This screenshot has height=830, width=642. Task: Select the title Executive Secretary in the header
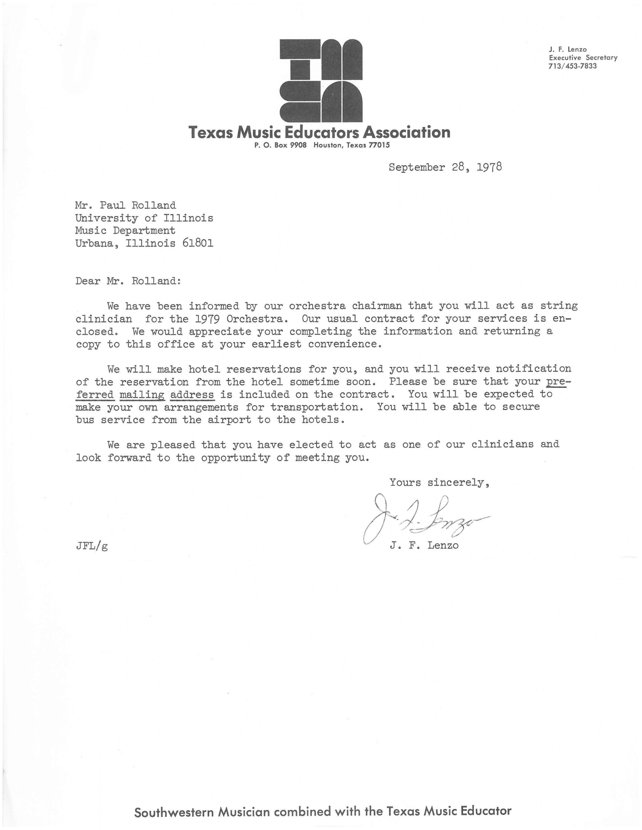click(583, 58)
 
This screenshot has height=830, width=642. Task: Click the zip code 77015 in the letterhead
click(379, 145)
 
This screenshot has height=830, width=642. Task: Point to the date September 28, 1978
click(445, 167)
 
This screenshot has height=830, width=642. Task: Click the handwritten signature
click(422, 519)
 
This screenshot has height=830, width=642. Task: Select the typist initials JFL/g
click(92, 546)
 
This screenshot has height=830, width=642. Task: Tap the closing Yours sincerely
click(439, 483)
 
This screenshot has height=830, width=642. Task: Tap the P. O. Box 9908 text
click(280, 145)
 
